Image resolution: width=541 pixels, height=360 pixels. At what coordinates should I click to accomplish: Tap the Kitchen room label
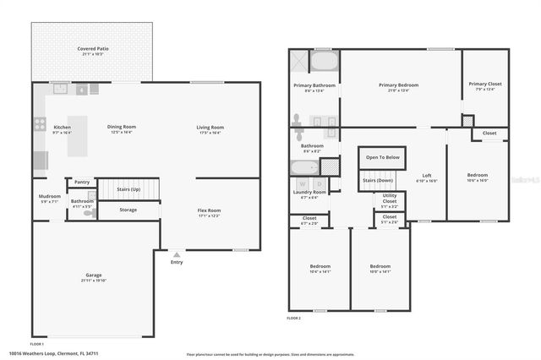click(x=63, y=128)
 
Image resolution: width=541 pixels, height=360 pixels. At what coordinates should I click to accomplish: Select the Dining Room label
click(x=122, y=128)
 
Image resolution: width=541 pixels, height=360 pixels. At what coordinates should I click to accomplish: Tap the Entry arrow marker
click(x=176, y=254)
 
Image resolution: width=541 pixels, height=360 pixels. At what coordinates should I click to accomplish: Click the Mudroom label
click(x=50, y=199)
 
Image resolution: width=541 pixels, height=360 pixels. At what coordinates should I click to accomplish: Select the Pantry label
click(x=82, y=182)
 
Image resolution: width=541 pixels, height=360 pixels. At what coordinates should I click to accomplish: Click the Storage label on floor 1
click(x=128, y=210)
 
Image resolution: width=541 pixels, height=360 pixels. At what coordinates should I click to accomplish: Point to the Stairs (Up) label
click(x=128, y=189)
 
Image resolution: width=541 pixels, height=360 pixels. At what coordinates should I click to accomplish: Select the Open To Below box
click(x=383, y=158)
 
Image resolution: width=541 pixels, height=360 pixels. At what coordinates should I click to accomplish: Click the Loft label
click(x=426, y=177)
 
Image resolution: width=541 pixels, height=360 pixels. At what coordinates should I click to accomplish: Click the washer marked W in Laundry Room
click(x=302, y=183)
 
